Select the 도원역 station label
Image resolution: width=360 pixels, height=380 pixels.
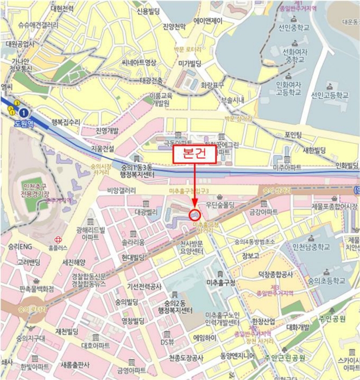tap(24, 123)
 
